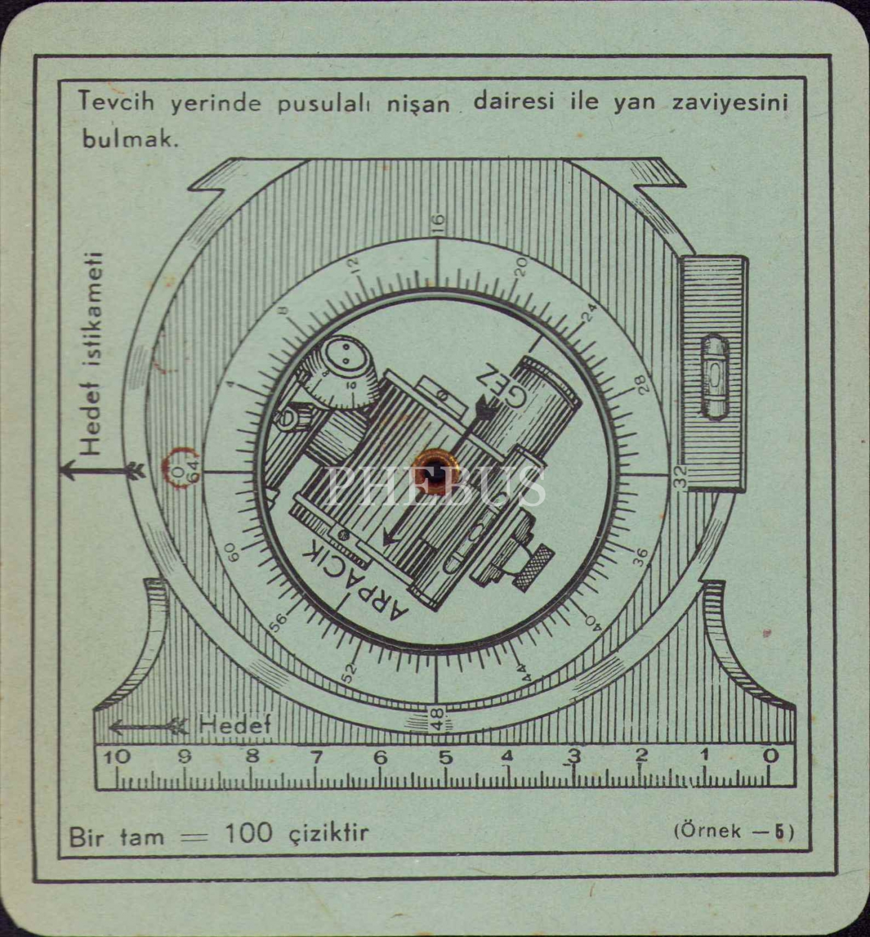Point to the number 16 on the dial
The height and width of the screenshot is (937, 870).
438,222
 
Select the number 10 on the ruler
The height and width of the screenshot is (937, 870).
117,757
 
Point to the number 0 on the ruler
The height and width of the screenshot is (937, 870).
772,756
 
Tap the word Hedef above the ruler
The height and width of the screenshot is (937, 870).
235,725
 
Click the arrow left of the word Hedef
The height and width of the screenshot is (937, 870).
149,726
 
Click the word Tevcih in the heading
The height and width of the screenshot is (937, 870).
116,102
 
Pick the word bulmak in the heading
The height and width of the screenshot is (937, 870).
130,139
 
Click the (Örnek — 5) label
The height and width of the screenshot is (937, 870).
733,831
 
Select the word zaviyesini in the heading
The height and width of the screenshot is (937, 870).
729,103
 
